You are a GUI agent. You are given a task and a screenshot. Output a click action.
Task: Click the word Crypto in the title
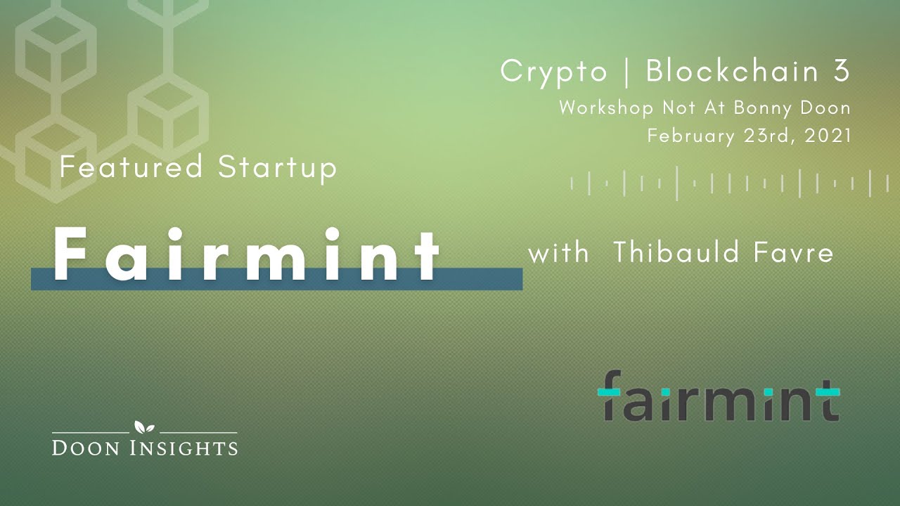point(553,72)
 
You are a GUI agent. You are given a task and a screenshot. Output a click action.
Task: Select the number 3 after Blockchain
point(842,72)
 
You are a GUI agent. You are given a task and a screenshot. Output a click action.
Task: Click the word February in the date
point(692,136)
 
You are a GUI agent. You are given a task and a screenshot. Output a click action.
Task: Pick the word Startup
point(278,167)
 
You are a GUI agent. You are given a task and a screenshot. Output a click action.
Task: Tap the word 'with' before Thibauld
point(558,253)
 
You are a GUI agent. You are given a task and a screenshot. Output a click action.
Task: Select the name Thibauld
point(674,253)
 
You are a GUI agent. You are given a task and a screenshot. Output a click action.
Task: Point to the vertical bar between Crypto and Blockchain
point(626,72)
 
